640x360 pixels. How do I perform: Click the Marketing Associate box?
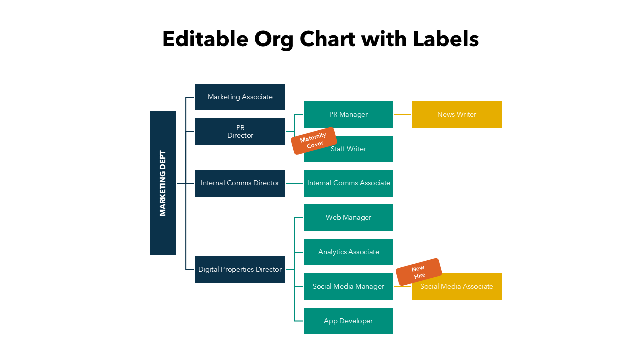coord(240,97)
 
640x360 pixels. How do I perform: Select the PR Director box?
coord(240,132)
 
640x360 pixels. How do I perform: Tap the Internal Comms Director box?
coord(240,183)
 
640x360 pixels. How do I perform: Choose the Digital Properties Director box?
coord(240,269)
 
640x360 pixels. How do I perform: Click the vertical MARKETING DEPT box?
coord(163,183)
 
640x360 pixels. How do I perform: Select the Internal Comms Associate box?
coord(348,183)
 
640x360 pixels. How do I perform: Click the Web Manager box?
coord(348,217)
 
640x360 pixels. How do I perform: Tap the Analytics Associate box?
coord(348,252)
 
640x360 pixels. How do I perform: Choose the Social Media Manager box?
coord(348,286)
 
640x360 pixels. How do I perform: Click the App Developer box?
coord(348,321)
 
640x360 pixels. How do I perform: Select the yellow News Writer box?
coord(457,114)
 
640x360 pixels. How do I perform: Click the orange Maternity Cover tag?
coord(313,141)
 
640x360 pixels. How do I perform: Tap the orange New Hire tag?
coord(419,272)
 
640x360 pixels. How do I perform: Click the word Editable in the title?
coord(205,39)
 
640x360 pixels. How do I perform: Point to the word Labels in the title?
coord(446,39)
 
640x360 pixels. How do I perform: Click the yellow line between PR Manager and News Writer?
coord(403,114)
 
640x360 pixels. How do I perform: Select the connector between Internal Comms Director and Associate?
coord(294,183)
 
